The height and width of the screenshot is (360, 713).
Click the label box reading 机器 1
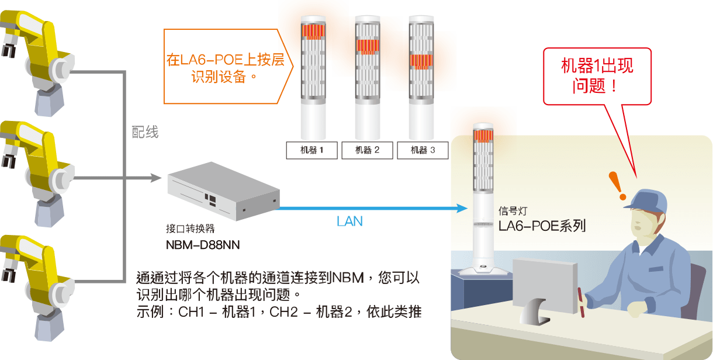point(311,150)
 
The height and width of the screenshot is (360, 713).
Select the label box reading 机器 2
point(367,150)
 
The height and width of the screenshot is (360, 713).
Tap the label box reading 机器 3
point(423,150)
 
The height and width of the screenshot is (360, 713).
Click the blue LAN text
point(349,221)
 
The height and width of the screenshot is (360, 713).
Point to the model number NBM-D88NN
point(203,244)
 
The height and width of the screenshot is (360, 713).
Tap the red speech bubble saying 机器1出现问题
point(597,76)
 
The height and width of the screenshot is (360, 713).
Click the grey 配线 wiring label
point(145,133)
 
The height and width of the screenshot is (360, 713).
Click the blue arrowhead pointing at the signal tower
point(462,208)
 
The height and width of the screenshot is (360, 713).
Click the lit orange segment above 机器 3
point(421,60)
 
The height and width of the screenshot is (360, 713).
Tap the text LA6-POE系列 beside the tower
point(542,226)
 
